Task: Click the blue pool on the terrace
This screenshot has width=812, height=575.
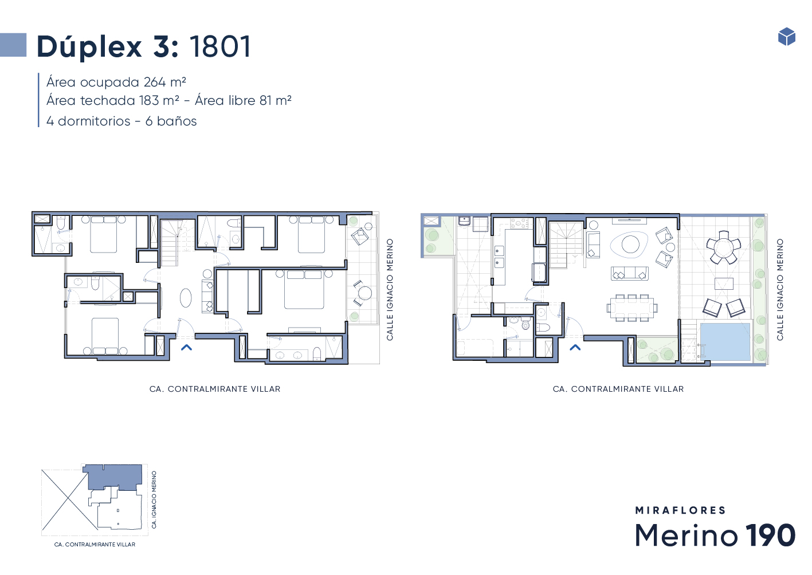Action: point(725,342)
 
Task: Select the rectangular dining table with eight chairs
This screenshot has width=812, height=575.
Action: point(632,308)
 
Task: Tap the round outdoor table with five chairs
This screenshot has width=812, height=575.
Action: point(724,247)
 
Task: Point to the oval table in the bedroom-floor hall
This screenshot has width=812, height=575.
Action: point(186,298)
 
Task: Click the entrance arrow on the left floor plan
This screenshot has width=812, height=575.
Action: point(186,348)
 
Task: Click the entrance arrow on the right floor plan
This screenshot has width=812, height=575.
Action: point(575,348)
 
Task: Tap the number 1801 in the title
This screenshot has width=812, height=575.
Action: point(221,46)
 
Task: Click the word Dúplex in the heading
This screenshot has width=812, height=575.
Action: point(89,47)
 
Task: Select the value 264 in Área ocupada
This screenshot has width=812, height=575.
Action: point(154,82)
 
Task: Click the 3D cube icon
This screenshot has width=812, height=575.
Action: point(787,36)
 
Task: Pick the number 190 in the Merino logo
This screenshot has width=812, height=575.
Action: point(770,535)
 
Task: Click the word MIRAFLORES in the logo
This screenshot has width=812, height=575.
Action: point(680,510)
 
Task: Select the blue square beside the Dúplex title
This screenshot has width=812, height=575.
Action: point(13,45)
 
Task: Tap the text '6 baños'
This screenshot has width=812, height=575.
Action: point(171,121)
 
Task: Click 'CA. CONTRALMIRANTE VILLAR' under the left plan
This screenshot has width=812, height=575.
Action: point(215,389)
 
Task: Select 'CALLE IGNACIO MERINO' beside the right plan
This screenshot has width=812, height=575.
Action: point(780,289)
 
